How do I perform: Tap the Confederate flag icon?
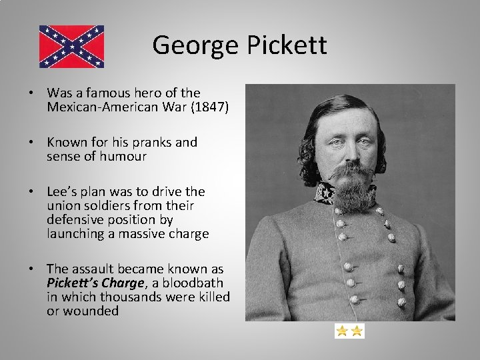pos(71,47)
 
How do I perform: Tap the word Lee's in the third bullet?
pos(63,191)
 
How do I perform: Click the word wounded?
pos(91,311)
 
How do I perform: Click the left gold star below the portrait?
pos(342,331)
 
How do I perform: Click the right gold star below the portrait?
pos(357,331)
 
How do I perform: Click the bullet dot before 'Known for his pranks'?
pos(31,142)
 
